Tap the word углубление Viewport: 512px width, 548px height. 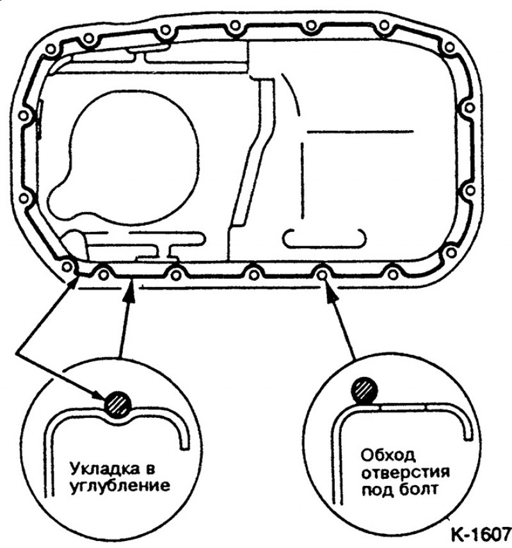click(x=120, y=486)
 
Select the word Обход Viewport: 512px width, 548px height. click(x=388, y=456)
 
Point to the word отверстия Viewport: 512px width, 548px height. click(x=405, y=472)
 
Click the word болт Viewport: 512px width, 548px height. click(x=418, y=489)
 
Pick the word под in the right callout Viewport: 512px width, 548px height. click(x=377, y=490)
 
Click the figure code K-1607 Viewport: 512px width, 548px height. click(x=481, y=535)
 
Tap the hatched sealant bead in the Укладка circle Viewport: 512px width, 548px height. click(x=118, y=403)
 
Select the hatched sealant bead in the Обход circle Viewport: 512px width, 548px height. click(x=364, y=390)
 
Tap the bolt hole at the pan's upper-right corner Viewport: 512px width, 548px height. click(x=449, y=47)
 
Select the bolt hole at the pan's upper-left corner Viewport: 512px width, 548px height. click(x=51, y=49)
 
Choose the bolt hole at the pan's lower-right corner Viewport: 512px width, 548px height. click(x=451, y=253)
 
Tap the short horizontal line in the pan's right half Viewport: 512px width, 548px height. click(x=360, y=132)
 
